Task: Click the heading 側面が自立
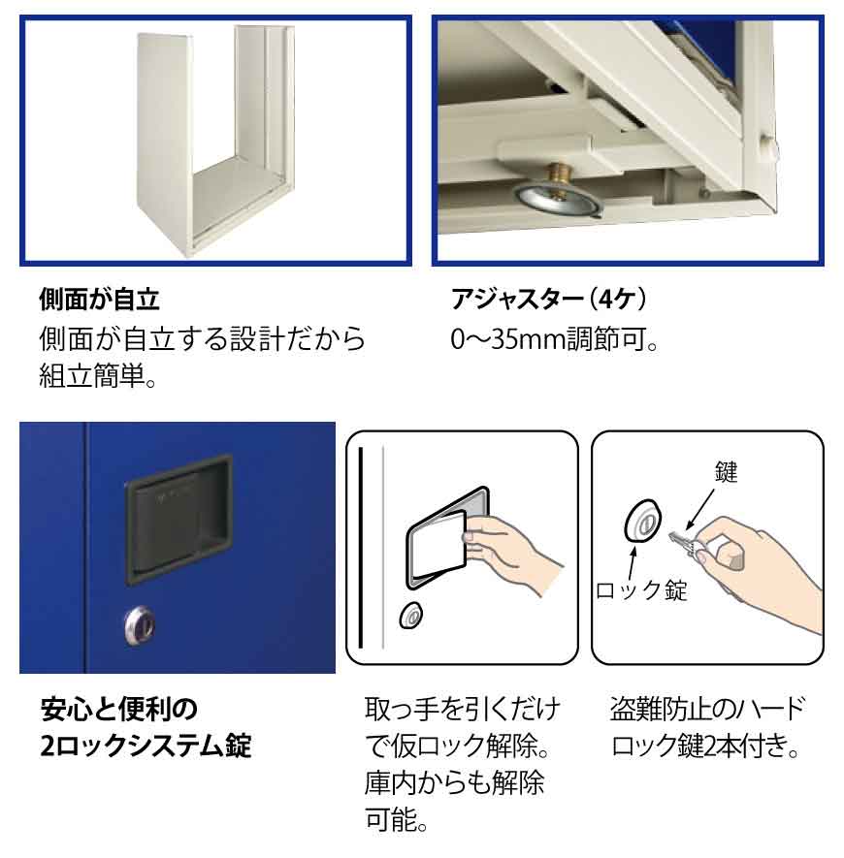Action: coord(99,300)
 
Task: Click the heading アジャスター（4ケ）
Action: coord(549,300)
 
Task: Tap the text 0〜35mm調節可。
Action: coord(553,339)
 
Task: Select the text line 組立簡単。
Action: coord(97,375)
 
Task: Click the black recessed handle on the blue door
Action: coord(179,519)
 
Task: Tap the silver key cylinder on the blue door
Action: coord(140,625)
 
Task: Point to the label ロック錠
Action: coord(641,590)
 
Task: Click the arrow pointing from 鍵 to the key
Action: coord(700,508)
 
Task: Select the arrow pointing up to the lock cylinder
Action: coord(633,563)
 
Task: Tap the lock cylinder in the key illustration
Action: coord(642,521)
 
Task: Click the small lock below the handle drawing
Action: coord(411,616)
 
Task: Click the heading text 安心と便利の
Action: coord(119,709)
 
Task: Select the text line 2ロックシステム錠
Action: coord(146,746)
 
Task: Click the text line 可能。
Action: coord(397,819)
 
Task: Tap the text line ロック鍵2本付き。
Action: coord(705,746)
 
